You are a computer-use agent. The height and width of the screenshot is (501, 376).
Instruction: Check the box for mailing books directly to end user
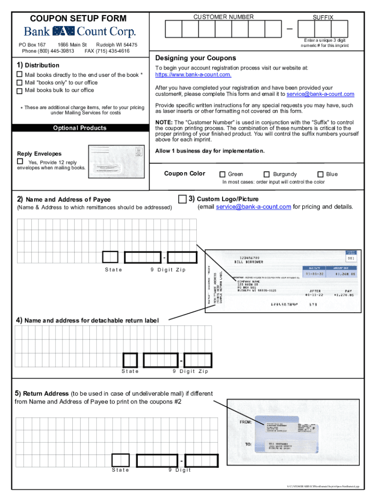point(20,74)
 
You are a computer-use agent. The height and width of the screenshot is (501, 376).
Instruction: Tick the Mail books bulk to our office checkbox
point(20,91)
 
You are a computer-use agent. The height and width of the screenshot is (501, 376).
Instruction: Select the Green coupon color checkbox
point(223,174)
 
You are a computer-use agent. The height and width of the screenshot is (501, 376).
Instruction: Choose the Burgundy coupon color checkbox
point(267,174)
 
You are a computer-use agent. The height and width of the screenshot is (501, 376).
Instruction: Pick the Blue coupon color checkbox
point(320,174)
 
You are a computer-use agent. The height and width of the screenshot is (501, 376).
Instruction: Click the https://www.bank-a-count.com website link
point(193,75)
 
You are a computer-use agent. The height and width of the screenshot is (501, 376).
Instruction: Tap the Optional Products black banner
point(80,128)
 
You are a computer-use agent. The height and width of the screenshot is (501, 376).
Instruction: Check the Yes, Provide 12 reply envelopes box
point(20,161)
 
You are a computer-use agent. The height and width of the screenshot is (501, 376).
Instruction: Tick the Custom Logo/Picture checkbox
point(182,199)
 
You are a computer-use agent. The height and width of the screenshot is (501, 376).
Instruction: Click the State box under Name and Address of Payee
point(110,257)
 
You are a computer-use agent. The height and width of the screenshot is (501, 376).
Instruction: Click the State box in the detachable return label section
point(130,360)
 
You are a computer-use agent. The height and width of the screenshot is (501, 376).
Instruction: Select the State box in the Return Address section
point(120,460)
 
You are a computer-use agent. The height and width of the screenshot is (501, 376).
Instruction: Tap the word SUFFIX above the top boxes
point(323,18)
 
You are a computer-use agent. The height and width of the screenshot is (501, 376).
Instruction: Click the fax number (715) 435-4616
point(107,51)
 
